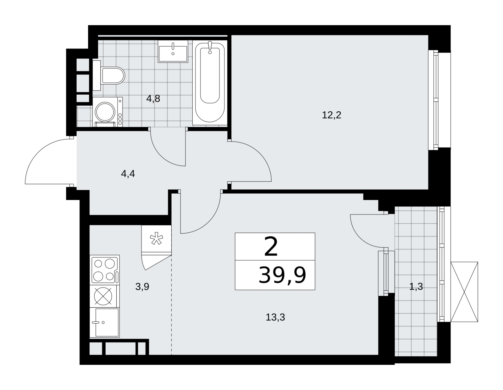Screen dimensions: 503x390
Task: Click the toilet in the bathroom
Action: [109, 75]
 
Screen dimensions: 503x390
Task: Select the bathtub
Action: [210, 82]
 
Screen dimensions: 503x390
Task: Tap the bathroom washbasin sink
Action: [173, 51]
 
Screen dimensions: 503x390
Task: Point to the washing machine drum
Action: [105, 112]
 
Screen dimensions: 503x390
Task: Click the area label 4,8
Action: [153, 99]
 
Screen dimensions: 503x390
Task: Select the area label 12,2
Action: [331, 115]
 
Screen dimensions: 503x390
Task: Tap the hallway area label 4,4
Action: [128, 174]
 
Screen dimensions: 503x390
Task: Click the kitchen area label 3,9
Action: [142, 287]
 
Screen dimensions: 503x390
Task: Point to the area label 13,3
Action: [275, 317]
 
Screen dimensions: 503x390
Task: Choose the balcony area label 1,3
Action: [416, 287]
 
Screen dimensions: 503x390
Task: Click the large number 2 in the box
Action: [271, 247]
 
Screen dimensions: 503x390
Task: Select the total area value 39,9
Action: [282, 275]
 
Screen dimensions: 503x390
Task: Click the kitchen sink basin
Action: [105, 323]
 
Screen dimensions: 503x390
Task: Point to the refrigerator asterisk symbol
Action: [157, 238]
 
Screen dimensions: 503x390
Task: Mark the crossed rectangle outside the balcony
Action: [464, 292]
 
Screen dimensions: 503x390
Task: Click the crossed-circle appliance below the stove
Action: [103, 296]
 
